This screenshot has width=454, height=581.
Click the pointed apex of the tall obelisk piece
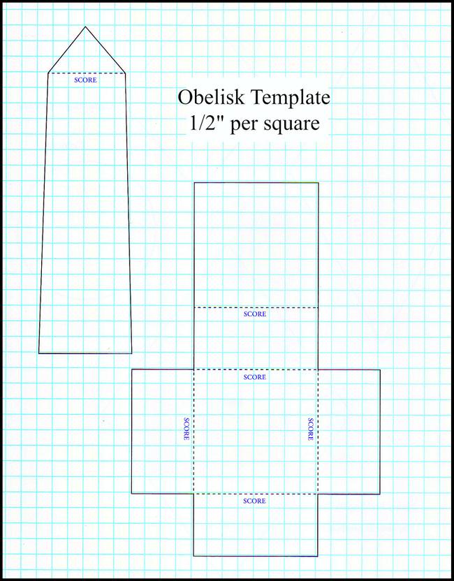(85, 27)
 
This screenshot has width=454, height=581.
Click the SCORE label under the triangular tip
(85, 80)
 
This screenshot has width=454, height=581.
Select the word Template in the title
(289, 97)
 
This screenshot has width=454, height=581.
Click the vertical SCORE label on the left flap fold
(186, 429)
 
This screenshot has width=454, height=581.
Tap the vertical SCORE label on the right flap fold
(311, 429)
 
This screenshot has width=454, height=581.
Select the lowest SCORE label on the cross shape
(254, 501)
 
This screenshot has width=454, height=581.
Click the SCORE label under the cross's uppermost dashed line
(254, 314)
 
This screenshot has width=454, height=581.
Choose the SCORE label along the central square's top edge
(254, 377)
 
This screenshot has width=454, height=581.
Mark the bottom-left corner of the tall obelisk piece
(39, 353)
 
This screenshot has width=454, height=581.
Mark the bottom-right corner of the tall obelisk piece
(131, 353)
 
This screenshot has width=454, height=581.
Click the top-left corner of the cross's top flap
(193, 183)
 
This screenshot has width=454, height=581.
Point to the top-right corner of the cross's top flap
(318, 183)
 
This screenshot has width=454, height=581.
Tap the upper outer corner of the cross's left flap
(131, 369)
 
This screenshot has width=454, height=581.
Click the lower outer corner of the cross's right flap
(380, 494)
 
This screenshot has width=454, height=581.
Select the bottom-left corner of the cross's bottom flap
(193, 556)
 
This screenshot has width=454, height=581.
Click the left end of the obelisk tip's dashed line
(48, 73)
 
